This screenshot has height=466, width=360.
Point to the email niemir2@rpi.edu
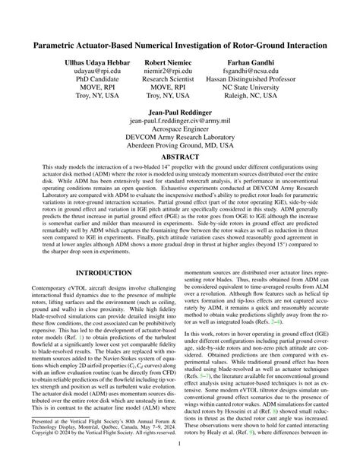(x=169, y=71)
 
